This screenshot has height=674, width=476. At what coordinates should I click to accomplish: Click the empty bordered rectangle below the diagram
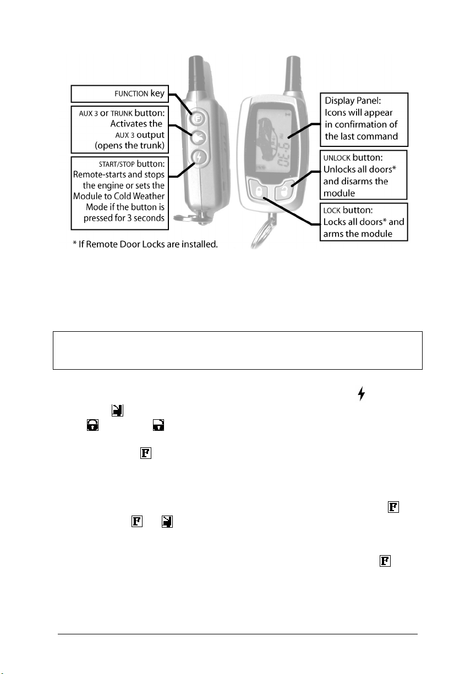click(x=237, y=350)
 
